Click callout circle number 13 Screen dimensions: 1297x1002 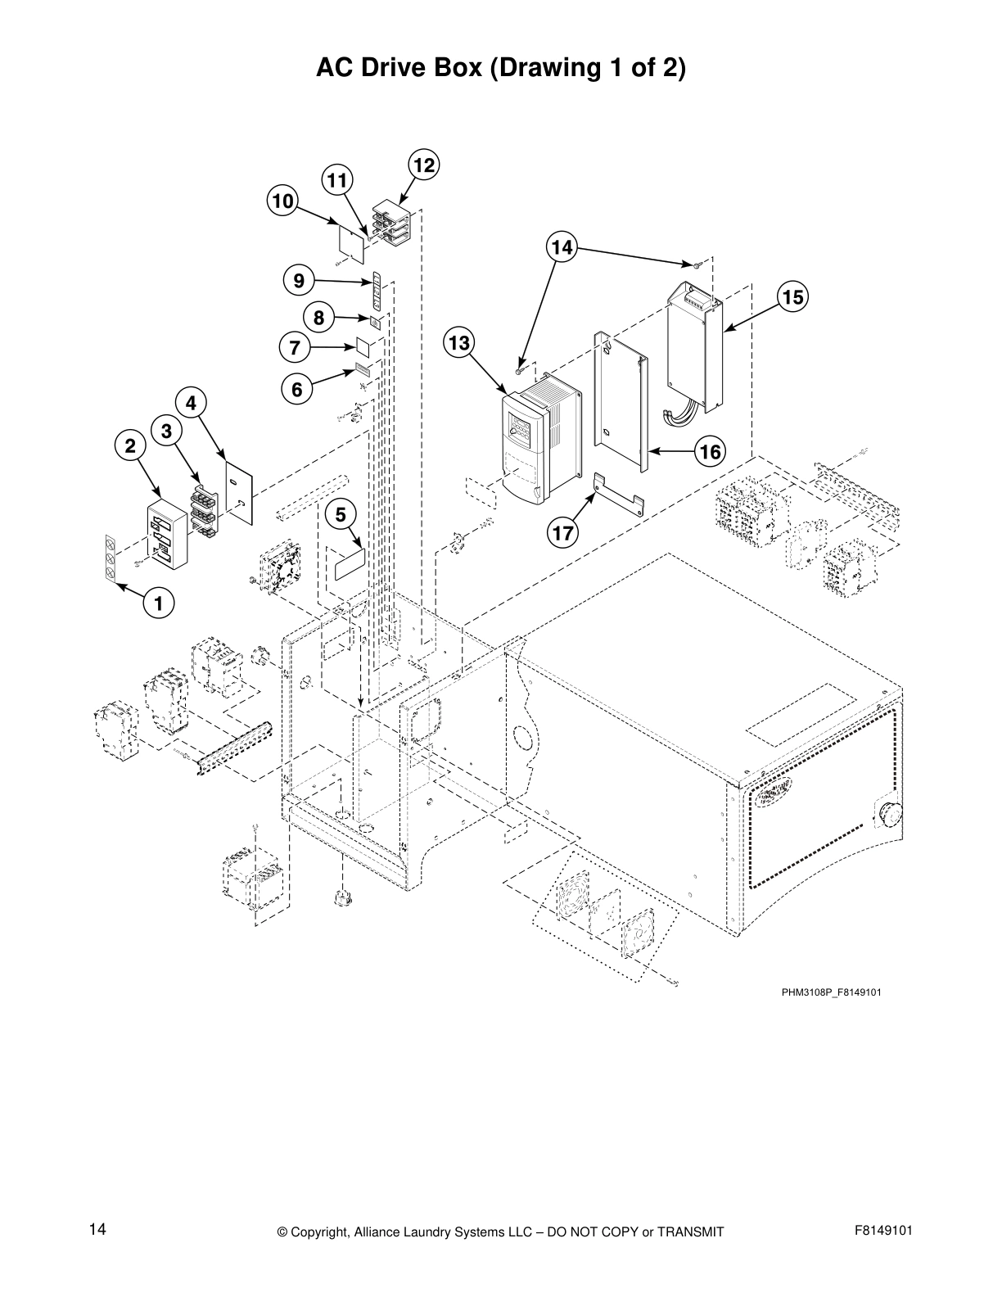pos(459,343)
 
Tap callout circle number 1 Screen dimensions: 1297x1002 pos(158,604)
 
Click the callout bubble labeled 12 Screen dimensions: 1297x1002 pos(423,165)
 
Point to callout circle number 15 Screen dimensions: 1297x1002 pos(792,296)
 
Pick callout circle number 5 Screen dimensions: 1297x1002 pos(341,514)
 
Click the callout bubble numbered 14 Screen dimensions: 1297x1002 pos(562,246)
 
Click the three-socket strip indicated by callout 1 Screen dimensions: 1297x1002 pos(109,557)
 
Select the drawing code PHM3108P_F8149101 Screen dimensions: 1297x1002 pos(831,993)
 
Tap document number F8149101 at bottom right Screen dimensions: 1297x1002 pos(882,1230)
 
